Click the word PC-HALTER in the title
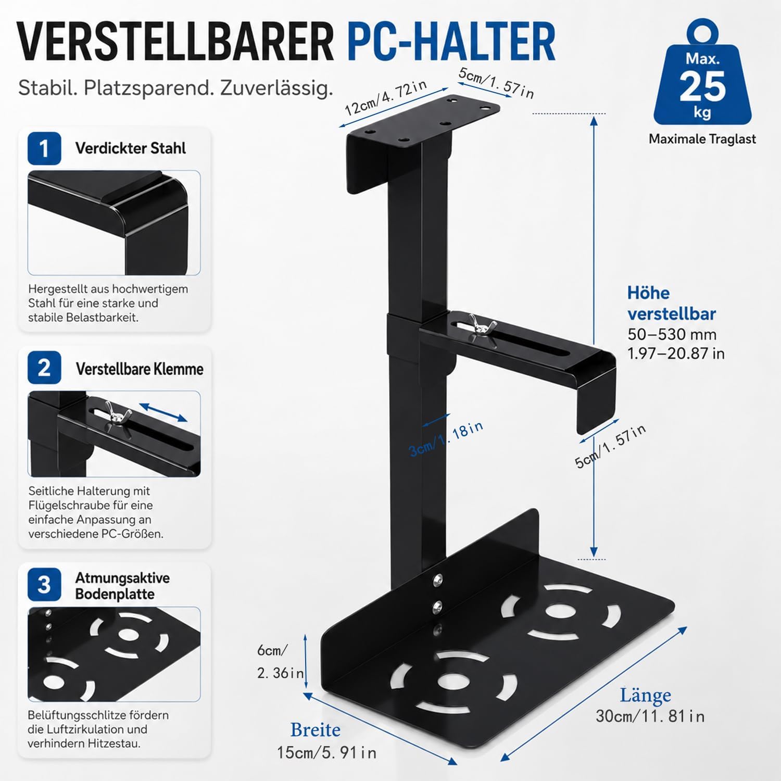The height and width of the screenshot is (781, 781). click(x=451, y=42)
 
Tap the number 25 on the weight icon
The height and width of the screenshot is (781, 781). click(x=702, y=85)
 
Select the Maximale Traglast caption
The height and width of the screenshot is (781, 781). click(x=702, y=139)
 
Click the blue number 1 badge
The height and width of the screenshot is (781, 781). click(x=44, y=148)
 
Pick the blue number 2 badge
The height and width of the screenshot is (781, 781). click(x=44, y=368)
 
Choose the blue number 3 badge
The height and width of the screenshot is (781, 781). click(x=44, y=585)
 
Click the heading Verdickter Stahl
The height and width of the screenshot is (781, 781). click(x=130, y=148)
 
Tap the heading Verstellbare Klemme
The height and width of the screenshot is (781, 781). click(x=140, y=369)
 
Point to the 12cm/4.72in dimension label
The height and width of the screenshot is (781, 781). click(x=386, y=98)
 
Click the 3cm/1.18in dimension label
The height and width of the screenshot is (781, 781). click(x=446, y=439)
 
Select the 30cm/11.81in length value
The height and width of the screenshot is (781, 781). click(x=650, y=716)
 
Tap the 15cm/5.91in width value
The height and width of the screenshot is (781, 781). click(x=326, y=752)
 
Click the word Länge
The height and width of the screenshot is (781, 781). click(x=645, y=695)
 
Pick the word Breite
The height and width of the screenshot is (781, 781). click(x=316, y=730)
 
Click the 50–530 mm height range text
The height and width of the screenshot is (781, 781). click(x=672, y=334)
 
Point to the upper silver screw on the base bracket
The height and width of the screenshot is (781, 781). click(x=438, y=580)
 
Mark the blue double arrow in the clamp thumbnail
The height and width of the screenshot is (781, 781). click(x=163, y=412)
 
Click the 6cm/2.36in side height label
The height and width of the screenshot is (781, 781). click(x=280, y=662)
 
